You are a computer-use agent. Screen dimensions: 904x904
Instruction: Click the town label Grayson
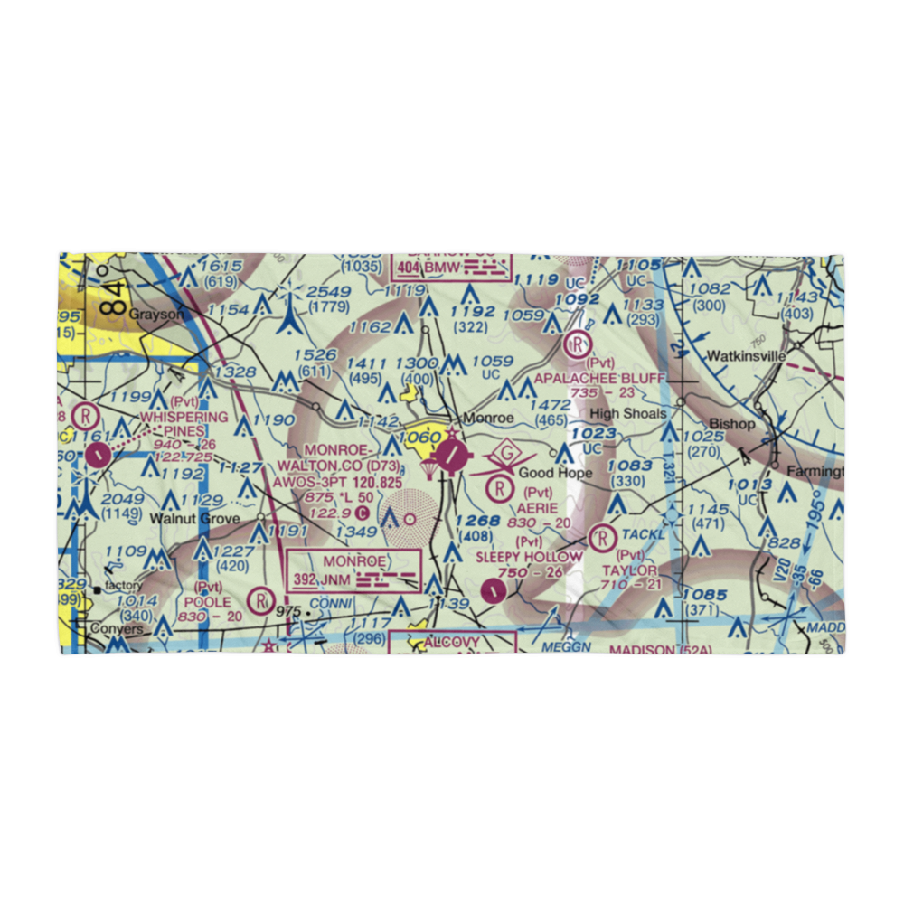coord(155,314)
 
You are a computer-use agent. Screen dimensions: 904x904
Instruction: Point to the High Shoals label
coord(628,413)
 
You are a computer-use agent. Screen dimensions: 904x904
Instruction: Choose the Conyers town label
coord(116,628)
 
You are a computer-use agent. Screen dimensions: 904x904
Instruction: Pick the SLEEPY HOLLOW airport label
coord(529,557)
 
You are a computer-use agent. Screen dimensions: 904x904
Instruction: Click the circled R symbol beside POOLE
coord(262,598)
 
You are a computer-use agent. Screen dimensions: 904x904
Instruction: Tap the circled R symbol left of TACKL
coord(599,538)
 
